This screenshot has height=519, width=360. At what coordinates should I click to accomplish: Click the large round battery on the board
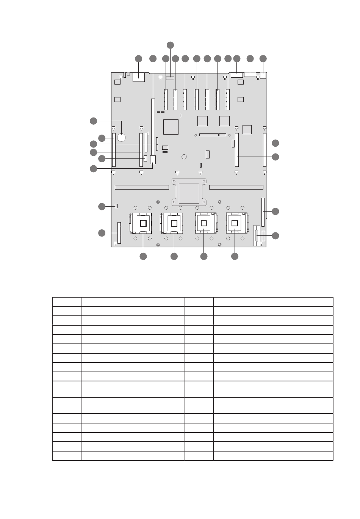pyautogui.click(x=121, y=137)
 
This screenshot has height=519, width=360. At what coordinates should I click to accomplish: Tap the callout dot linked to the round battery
pyautogui.click(x=93, y=121)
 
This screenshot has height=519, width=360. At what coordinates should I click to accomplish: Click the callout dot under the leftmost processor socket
pyautogui.click(x=143, y=257)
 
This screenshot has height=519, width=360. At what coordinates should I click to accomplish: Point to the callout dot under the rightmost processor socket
pyautogui.click(x=235, y=257)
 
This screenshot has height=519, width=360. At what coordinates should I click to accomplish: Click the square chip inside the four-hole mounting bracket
pyautogui.click(x=189, y=193)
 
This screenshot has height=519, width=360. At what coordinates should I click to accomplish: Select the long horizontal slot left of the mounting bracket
pyautogui.click(x=142, y=187)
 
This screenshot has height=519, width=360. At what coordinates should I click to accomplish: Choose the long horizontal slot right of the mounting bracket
pyautogui.click(x=236, y=187)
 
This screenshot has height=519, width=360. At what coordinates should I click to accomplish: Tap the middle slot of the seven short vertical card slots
pyautogui.click(x=197, y=99)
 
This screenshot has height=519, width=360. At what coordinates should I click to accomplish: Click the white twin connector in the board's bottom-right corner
pyautogui.click(x=258, y=236)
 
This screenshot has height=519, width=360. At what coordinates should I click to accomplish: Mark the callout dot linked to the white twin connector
pyautogui.click(x=275, y=235)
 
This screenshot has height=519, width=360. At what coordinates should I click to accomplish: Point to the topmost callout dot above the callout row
pyautogui.click(x=171, y=45)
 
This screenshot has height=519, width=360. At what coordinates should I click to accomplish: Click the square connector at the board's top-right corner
pyautogui.click(x=263, y=76)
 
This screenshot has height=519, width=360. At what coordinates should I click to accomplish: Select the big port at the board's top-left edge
pyautogui.click(x=139, y=77)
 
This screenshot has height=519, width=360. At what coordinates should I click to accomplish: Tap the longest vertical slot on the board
pyautogui.click(x=153, y=127)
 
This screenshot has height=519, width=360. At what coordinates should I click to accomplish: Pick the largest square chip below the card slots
pyautogui.click(x=171, y=127)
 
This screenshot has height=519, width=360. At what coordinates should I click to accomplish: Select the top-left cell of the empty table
pyautogui.click(x=66, y=302)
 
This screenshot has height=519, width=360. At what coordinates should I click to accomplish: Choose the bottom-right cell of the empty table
pyautogui.click(x=273, y=456)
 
